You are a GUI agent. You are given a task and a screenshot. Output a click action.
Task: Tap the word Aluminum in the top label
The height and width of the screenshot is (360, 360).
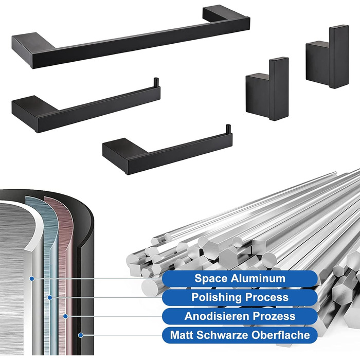click(x=258, y=278)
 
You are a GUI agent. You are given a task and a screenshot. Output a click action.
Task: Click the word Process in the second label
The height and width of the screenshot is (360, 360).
click(x=265, y=297)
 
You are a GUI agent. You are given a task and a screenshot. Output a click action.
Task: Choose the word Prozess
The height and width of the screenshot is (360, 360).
click(x=271, y=316)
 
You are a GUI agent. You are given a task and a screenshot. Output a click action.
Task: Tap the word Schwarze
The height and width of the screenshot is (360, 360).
click(x=222, y=335)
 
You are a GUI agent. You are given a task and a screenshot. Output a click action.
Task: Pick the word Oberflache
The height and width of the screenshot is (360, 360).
click(x=281, y=335)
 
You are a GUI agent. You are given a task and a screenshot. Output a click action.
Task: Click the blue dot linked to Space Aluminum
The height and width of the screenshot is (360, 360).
click(x=32, y=279)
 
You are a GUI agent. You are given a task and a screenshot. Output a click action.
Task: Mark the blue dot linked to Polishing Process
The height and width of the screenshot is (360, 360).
click(x=50, y=298)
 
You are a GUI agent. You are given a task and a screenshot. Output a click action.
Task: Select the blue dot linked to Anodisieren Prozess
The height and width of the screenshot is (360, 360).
click(x=65, y=316)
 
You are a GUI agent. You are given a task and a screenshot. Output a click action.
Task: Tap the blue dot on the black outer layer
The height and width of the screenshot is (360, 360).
click(x=80, y=335)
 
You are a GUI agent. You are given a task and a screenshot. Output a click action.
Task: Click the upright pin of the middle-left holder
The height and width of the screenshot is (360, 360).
click(x=156, y=82)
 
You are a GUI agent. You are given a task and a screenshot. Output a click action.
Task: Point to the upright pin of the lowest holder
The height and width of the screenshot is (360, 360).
click(x=228, y=129)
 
